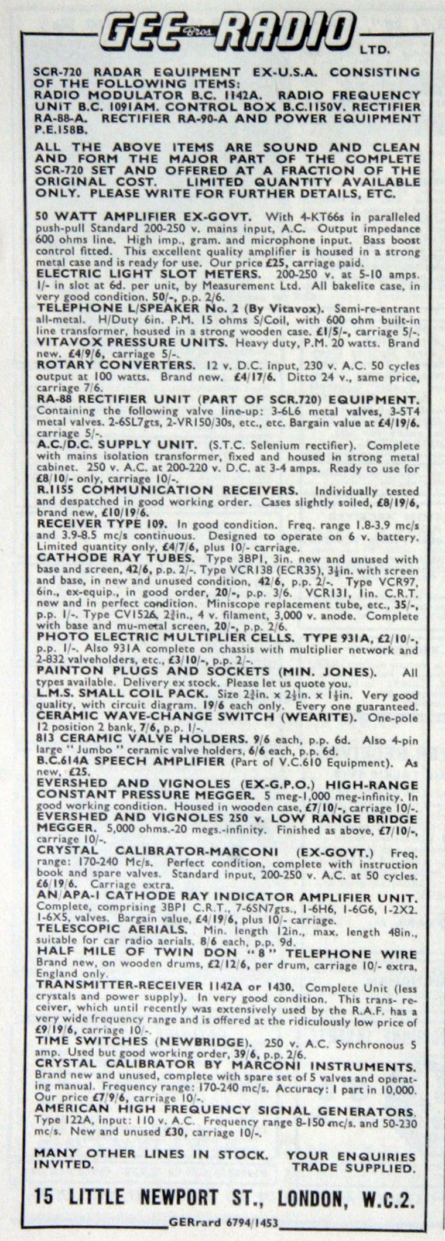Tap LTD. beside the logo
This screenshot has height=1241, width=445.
pyautogui.click(x=386, y=51)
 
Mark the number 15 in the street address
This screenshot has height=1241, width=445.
pyautogui.click(x=46, y=1195)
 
